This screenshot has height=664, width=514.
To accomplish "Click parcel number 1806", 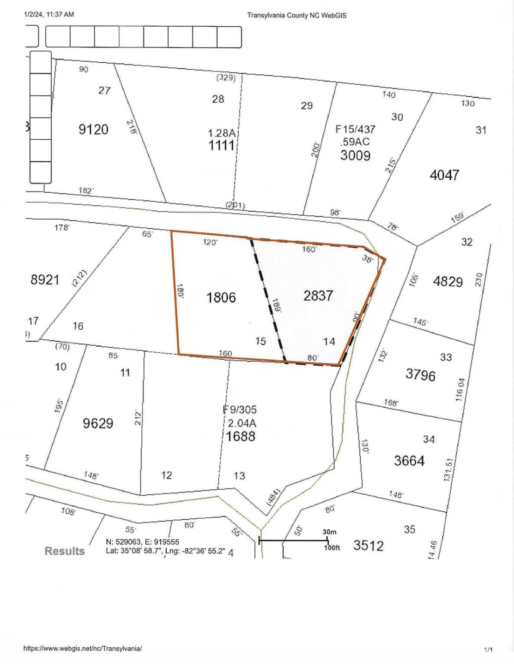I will coord(221,297).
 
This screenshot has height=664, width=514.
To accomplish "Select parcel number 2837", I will coord(318,296).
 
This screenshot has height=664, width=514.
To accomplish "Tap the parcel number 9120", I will coord(93,130).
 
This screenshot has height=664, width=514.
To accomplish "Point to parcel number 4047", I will coord(444,175).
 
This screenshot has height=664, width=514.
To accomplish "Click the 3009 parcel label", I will coord(355,155).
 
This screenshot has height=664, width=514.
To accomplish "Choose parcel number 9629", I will coord(98,423).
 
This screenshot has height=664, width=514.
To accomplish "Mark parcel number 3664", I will coord(409,461).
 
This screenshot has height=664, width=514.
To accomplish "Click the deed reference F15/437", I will coord(355,130).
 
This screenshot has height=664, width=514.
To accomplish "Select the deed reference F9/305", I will coord(240,409).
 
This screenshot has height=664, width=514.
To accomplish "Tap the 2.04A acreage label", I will coord(242,423).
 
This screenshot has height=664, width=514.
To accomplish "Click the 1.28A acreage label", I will coord(222,133).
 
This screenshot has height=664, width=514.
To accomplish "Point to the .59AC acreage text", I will coord(355,142).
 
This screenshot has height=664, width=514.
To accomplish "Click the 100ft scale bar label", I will coord(332,548).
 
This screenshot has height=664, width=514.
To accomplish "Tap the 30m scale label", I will coord(329,532).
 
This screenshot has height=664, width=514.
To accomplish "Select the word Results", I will coord(65,551).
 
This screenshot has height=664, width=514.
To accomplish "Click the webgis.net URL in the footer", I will coord(83,648).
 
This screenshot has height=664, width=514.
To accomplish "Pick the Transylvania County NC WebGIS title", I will coord(296,15).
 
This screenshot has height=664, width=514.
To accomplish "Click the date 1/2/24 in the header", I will coord(33,14).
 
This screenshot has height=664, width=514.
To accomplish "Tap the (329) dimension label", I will coord(226,77).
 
